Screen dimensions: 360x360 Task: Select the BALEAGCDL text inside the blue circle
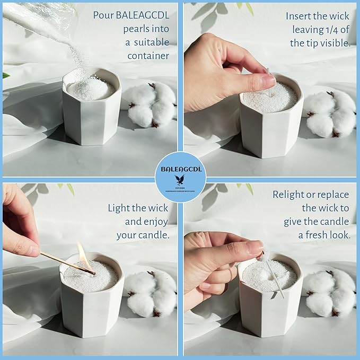click(180, 169)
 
